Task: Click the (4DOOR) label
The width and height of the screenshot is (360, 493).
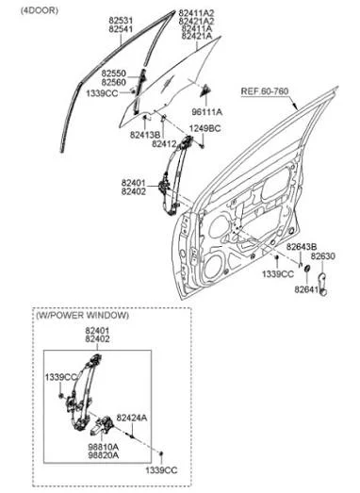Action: pos(40,10)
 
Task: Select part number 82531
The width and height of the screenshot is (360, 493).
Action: pos(121,21)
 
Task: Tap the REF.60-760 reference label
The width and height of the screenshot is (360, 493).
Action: pos(265,91)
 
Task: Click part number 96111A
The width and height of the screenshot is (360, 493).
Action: pos(207,111)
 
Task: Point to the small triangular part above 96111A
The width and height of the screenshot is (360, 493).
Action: pos(205,90)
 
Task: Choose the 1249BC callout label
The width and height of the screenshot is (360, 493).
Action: pos(205,128)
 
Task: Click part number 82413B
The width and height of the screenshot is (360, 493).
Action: pos(145,135)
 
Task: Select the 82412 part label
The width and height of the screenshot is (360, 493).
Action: pos(164,143)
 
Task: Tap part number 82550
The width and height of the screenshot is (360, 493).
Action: pos(113,74)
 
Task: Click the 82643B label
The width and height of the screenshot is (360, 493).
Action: pos(302,247)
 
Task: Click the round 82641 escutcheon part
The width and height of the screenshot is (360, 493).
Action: pos(307,269)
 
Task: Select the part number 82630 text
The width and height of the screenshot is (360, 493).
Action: pos(323,256)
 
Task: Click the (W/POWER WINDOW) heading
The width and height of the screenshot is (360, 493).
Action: pos(82,316)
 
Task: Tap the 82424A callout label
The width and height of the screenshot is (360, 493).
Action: pos(132,418)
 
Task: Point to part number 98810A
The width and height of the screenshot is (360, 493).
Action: pos(103,447)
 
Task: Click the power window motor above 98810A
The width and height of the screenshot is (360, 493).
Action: pos(101,425)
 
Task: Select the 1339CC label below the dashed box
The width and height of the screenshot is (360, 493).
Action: pos(161,470)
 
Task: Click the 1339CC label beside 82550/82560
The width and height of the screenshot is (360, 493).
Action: pos(102,93)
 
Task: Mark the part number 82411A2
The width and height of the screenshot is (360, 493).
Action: pos(196,13)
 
